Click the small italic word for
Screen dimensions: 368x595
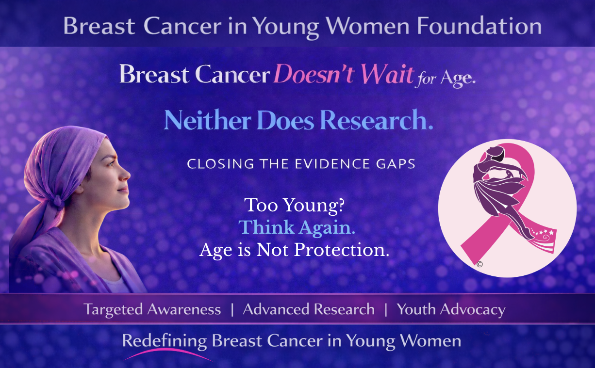pyautogui.click(x=426, y=79)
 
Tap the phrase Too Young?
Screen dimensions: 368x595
pyautogui.click(x=295, y=205)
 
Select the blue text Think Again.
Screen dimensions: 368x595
pyautogui.click(x=297, y=227)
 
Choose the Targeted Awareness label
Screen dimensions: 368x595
pyautogui.click(x=152, y=309)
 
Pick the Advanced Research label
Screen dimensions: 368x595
pyautogui.click(x=309, y=309)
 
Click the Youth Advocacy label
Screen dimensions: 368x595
pyautogui.click(x=451, y=309)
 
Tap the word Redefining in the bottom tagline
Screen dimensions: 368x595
pyautogui.click(x=165, y=340)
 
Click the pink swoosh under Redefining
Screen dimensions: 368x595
pyautogui.click(x=167, y=354)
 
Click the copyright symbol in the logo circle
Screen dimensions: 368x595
pyautogui.click(x=479, y=264)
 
